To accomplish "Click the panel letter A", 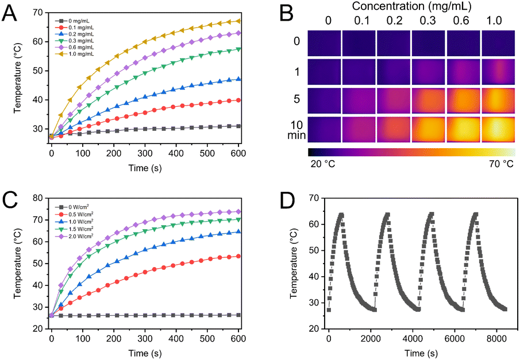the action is click(9, 14).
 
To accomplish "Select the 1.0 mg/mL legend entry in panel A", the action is click(75, 54).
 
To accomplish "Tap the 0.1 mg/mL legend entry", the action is click(75, 28).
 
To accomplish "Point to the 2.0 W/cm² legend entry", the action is click(74, 236).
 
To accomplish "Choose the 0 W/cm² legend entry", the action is click(72, 207).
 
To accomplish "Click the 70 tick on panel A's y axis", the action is click(38, 13).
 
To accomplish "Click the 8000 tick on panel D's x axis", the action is click(496, 339).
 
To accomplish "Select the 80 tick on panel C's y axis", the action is click(38, 198).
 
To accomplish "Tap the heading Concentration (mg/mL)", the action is click(411, 6).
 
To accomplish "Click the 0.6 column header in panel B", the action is click(461, 21).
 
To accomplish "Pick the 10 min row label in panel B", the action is click(297, 130).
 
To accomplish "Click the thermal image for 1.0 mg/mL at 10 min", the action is click(498, 129).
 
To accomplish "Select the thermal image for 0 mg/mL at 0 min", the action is click(324, 43).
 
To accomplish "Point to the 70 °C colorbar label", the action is click(501, 164).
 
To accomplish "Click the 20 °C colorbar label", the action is click(323, 164).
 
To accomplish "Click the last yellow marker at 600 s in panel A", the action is click(238, 21).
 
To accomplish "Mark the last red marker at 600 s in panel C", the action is click(238, 256).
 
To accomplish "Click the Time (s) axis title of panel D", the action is click(421, 353).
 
